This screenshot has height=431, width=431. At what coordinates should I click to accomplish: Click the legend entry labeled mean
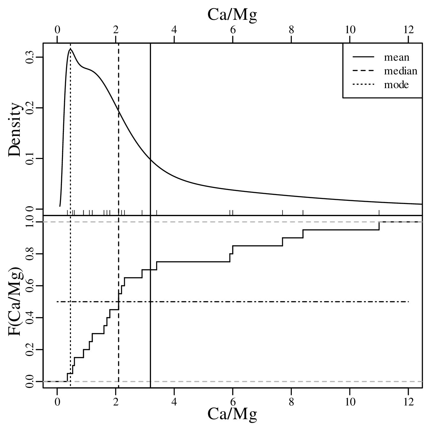(397, 57)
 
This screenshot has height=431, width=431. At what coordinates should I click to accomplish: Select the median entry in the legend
(400, 71)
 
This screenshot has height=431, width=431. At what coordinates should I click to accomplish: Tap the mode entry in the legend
(396, 85)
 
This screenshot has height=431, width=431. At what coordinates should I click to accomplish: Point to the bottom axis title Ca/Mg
(232, 414)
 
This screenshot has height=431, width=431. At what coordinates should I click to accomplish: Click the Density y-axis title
(15, 129)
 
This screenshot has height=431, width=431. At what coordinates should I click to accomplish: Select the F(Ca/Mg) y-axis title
(15, 303)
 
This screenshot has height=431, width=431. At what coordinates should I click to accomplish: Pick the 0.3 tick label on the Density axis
(30, 57)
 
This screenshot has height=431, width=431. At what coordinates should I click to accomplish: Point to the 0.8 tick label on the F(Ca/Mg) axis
(30, 254)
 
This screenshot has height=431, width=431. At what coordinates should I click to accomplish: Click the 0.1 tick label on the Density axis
(30, 158)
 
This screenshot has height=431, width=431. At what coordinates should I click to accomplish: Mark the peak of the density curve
(70, 49)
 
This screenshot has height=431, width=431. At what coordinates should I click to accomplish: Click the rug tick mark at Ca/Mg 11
(379, 212)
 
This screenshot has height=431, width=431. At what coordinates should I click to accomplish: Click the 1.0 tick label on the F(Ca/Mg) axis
(30, 222)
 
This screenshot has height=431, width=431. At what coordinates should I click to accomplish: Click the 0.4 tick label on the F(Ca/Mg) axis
(30, 318)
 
